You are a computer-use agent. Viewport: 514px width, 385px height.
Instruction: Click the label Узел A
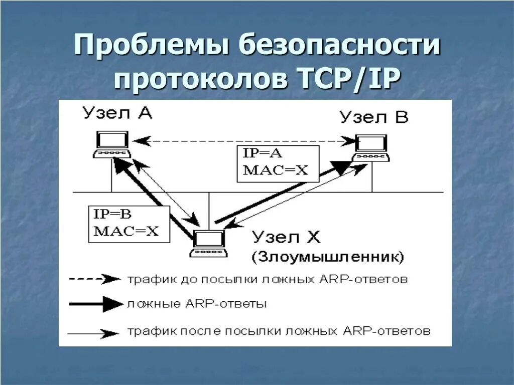click(118, 114)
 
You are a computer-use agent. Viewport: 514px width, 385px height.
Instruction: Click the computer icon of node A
click(112, 145)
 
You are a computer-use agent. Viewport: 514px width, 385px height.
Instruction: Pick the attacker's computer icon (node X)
click(209, 244)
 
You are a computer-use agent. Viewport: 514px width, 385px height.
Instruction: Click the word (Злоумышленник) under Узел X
click(327, 257)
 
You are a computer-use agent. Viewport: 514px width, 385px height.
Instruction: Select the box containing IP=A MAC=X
click(278, 163)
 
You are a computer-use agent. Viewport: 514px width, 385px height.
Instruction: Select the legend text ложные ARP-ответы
click(197, 304)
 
